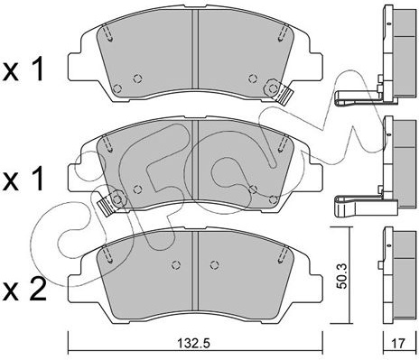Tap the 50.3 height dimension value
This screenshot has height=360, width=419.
pos(342,276)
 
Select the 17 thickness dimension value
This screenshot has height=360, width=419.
pos(397,343)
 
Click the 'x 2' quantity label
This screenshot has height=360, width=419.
pos(24,289)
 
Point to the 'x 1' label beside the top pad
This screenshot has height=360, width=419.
pos(23,69)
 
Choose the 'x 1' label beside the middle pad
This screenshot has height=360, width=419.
pos(23,179)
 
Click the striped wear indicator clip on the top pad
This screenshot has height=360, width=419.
pos(284,97)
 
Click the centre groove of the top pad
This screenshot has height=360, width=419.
pos(196,50)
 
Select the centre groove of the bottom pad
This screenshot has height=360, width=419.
pos(195,272)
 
